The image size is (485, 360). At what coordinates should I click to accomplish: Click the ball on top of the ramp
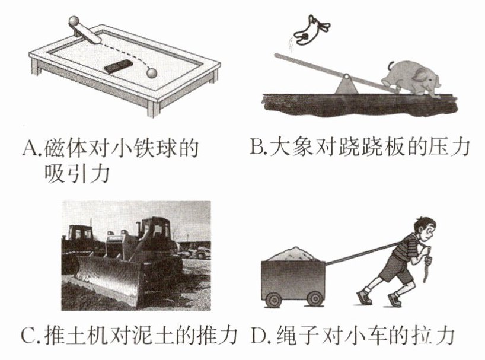tap(74, 22)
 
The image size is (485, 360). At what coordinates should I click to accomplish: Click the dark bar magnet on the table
tap(119, 66)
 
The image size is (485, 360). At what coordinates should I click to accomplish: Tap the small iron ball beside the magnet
tap(152, 73)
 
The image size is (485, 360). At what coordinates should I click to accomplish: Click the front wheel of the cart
tap(315, 298)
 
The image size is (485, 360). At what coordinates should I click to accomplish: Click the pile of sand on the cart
tap(293, 254)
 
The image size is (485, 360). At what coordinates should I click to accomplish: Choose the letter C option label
tap(29, 335)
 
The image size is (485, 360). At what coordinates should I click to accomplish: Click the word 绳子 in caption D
tap(294, 335)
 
